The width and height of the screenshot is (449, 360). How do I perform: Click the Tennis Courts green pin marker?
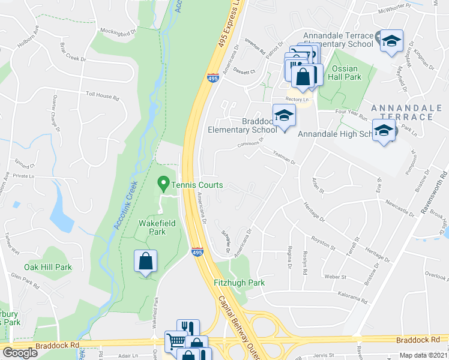pyautogui.click(x=162, y=182)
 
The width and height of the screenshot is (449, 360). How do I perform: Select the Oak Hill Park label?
pyautogui.click(x=48, y=267)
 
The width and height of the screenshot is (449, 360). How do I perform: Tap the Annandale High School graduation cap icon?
pyautogui.click(x=383, y=130)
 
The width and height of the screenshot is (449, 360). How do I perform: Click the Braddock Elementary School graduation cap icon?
pyautogui.click(x=284, y=115)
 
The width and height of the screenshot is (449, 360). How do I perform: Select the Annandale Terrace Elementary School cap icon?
pyautogui.click(x=391, y=41)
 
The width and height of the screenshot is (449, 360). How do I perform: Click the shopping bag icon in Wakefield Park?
pyautogui.click(x=145, y=261)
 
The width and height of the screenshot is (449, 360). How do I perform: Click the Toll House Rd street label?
pyautogui.click(x=103, y=95)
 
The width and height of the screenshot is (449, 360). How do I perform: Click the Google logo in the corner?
pyautogui.click(x=20, y=353)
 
